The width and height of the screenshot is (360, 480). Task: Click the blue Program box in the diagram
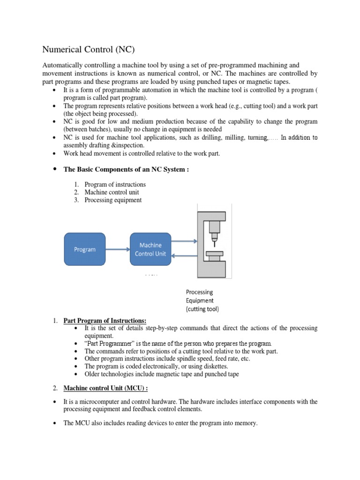(85, 249)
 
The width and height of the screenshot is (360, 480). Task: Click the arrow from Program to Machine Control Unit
(118, 249)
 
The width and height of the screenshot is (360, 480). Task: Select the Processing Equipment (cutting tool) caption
(202, 300)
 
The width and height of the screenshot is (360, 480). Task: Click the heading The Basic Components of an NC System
(126, 170)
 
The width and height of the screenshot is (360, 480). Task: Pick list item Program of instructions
(115, 184)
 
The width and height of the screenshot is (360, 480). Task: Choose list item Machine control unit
(112, 192)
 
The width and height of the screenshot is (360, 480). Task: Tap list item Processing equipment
(113, 200)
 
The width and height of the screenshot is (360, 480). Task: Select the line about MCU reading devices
(160, 423)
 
